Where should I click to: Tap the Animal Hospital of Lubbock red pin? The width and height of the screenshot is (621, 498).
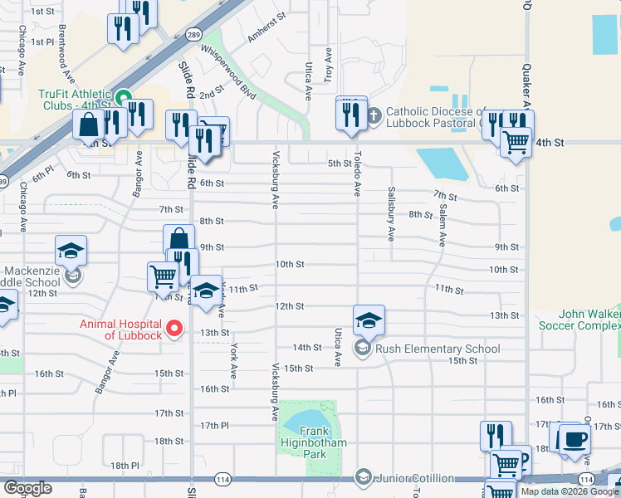(x=174, y=330)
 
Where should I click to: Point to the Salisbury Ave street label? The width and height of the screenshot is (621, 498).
(x=390, y=212)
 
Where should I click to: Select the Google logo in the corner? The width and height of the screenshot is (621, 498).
(x=27, y=488)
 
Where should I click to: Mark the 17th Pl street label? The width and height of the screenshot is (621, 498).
(x=214, y=426)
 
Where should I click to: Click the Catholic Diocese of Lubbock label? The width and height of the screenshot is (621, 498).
(x=440, y=117)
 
